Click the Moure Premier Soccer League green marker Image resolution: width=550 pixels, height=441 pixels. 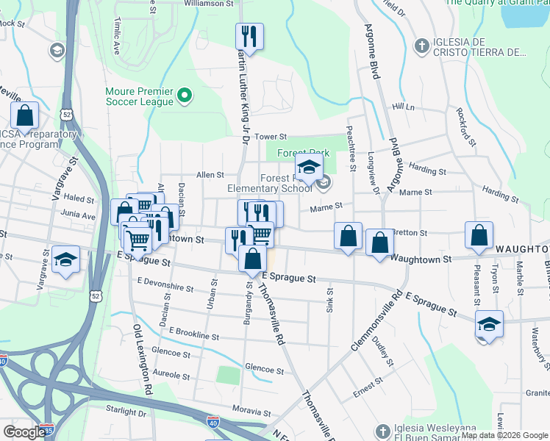pyautogui.click(x=185, y=96)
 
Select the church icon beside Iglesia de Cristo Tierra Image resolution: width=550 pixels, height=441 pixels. pyautogui.click(x=421, y=46)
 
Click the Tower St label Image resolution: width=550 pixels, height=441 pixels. pyautogui.click(x=270, y=137)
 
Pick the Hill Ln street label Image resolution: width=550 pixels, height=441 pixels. pyautogui.click(x=404, y=107)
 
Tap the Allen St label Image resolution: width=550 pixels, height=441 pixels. pyautogui.click(x=210, y=175)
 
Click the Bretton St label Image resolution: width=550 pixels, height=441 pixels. pyautogui.click(x=413, y=232)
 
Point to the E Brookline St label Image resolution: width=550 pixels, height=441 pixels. pyautogui.click(x=193, y=336)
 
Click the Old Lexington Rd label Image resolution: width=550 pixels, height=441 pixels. pyautogui.click(x=142, y=357)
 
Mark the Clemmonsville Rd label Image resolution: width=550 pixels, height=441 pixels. pyautogui.click(x=376, y=318)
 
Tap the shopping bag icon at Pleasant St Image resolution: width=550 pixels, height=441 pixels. pyautogui.click(x=478, y=236)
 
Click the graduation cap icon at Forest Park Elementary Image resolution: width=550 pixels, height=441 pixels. pyautogui.click(x=309, y=166)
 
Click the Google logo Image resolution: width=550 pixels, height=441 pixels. pyautogui.click(x=24, y=432)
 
